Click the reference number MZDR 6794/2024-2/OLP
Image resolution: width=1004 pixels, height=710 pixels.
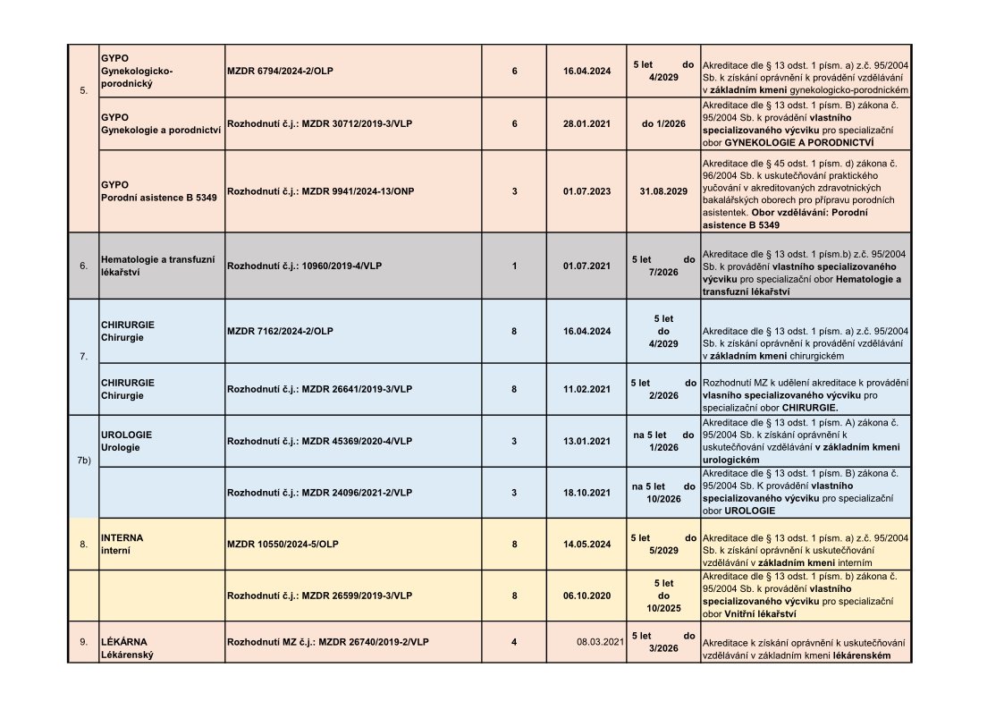(282, 71)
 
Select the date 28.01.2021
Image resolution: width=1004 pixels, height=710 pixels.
(587, 123)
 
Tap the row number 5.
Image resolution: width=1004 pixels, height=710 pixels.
(84, 90)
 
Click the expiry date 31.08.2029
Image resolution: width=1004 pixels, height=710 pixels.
(663, 190)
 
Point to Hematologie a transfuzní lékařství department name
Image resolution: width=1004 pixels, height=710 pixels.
(158, 266)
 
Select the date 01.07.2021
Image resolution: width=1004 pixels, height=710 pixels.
(587, 266)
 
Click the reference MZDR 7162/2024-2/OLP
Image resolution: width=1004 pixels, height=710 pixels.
(280, 331)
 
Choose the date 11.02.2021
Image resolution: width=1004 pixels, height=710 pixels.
(587, 389)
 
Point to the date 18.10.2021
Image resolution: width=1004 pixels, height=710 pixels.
(587, 492)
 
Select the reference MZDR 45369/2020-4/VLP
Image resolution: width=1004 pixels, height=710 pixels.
(319, 441)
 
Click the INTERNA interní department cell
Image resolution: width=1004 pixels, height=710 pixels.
(122, 544)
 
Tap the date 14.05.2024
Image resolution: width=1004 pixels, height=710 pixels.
(587, 544)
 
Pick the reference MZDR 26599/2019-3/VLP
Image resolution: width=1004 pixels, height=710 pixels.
(319, 595)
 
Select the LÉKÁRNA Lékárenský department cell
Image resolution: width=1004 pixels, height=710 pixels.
(126, 648)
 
